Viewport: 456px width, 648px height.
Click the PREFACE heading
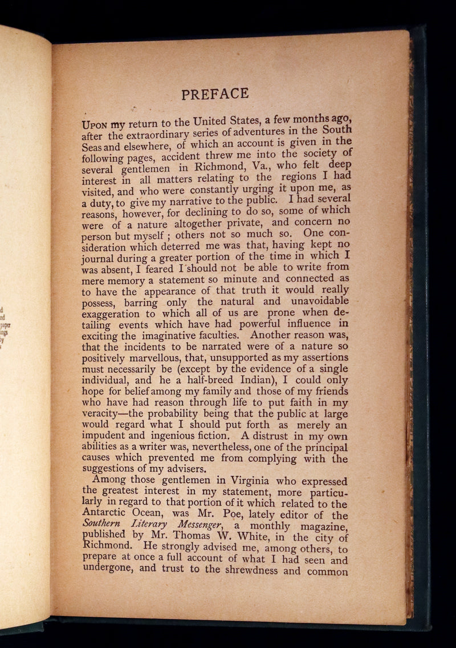click(x=215, y=93)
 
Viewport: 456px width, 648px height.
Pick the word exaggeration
click(x=111, y=313)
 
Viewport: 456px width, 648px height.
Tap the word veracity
click(x=105, y=414)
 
